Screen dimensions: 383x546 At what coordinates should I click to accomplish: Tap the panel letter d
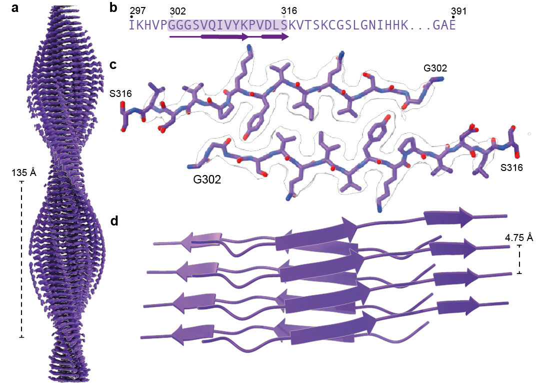pos(114,220)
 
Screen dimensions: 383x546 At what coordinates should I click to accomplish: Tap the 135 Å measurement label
pos(23,172)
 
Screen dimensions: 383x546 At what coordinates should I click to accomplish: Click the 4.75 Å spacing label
pos(519,237)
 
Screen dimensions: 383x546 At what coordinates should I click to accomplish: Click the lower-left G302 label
pos(207,178)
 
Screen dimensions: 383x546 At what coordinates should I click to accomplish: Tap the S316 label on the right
pos(511,168)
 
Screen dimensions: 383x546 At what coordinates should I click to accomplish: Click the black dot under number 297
pos(131,17)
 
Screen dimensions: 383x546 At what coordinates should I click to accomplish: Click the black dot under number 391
pos(453,17)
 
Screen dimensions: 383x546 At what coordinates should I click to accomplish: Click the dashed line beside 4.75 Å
pos(519,259)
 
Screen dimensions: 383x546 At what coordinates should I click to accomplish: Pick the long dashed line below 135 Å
pos(21,259)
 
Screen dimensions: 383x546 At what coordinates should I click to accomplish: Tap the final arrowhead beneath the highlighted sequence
pos(284,36)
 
